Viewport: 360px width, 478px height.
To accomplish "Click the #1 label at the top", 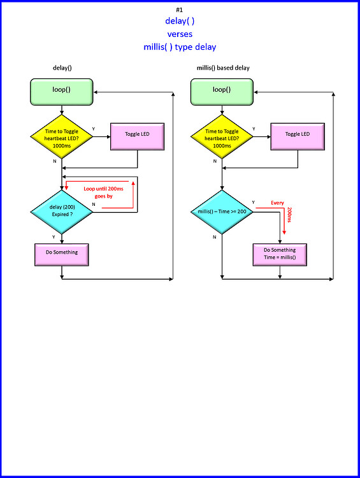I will click(x=180, y=10).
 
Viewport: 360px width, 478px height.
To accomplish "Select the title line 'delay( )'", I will click(x=180, y=21).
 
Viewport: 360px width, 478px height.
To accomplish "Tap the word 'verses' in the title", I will click(x=180, y=34).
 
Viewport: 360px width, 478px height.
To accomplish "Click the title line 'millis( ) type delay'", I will click(x=180, y=47).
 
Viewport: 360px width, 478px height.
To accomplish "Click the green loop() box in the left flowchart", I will click(x=62, y=90).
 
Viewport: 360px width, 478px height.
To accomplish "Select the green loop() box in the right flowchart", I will click(x=222, y=90).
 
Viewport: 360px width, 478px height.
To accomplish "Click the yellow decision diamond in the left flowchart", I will click(x=62, y=134).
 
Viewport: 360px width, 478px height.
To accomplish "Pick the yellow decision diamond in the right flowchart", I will click(x=222, y=134).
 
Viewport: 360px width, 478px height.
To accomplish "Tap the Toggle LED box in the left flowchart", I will click(x=138, y=134).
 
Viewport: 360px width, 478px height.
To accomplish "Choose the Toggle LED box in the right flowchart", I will click(x=298, y=134).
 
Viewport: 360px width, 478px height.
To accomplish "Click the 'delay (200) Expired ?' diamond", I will click(x=62, y=211).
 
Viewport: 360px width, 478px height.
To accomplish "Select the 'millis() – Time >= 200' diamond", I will click(x=222, y=211).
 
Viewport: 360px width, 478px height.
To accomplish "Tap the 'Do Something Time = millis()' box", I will click(x=280, y=253).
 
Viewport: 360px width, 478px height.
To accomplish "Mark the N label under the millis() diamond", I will click(x=214, y=236).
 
